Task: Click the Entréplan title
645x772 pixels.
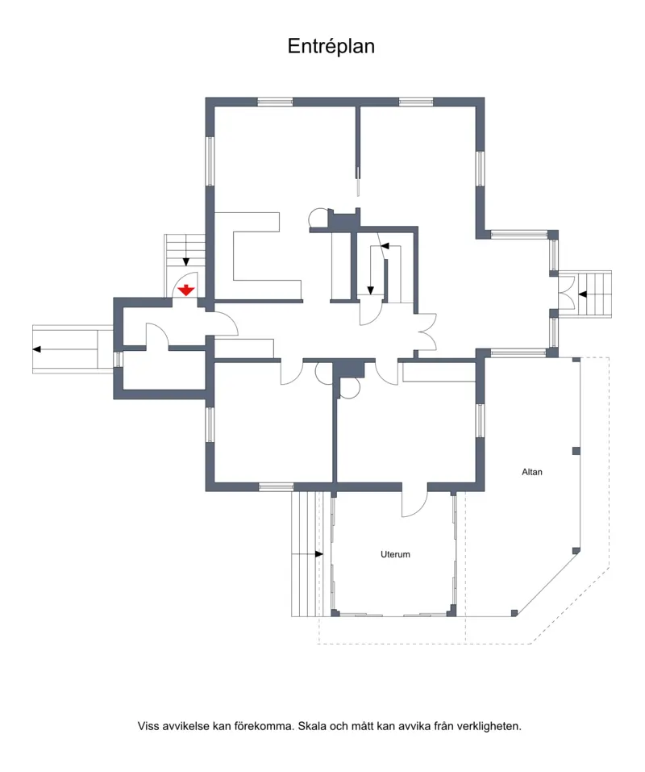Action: point(331,46)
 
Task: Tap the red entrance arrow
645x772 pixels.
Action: point(186,290)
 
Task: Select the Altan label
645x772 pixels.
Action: point(532,472)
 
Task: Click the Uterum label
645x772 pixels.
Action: point(395,554)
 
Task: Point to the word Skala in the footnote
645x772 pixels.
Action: point(312,726)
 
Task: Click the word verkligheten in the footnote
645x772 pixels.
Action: point(489,726)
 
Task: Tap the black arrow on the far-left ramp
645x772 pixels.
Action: point(36,349)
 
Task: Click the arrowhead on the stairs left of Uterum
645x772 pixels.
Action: point(319,554)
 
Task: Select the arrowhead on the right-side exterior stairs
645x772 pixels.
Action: point(583,294)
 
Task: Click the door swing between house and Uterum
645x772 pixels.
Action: point(414,504)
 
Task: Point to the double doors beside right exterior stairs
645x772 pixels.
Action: point(566,294)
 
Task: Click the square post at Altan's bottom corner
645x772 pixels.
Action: point(514,613)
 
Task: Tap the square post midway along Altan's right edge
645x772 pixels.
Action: point(576,451)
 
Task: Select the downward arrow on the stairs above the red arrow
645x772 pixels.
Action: point(186,261)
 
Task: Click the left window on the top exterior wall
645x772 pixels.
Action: point(275,102)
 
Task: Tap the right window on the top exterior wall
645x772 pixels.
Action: point(416,102)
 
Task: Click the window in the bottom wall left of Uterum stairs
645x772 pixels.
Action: point(276,487)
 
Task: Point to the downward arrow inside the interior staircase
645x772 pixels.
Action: point(370,290)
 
